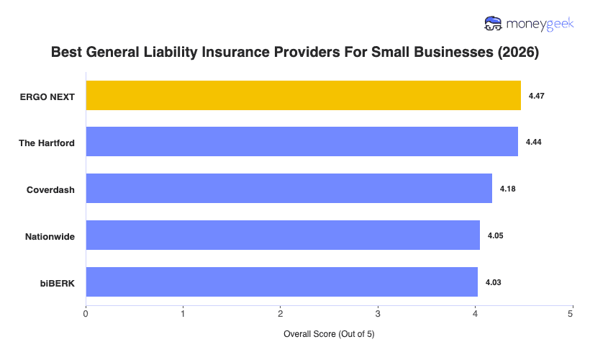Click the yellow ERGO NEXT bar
coord(303,96)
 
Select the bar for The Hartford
coord(301,142)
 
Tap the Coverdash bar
coord(289,189)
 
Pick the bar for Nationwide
coord(283,235)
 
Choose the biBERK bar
coord(281,282)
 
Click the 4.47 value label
coord(536,96)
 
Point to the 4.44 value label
coord(533,143)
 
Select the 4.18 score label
coord(508,189)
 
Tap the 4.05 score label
coord(495,235)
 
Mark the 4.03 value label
coord(493,282)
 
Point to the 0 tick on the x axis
coord(86,313)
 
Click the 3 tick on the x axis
coord(378,313)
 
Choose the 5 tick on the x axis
coord(571,313)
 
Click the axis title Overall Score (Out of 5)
coord(329,334)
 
